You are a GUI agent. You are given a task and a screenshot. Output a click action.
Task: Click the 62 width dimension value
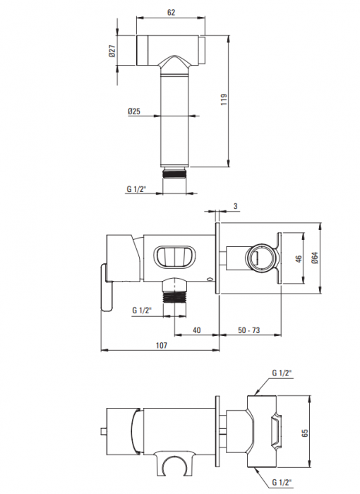click(x=171, y=12)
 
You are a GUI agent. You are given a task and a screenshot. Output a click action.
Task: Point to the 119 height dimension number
click(x=224, y=101)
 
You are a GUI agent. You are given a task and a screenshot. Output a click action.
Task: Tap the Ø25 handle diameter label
click(x=136, y=111)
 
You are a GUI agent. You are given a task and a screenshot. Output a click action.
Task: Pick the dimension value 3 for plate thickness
click(x=234, y=205)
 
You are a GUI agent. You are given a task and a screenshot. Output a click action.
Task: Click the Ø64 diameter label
click(x=315, y=258)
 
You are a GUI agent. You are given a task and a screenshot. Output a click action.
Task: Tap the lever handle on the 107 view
click(x=107, y=287)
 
